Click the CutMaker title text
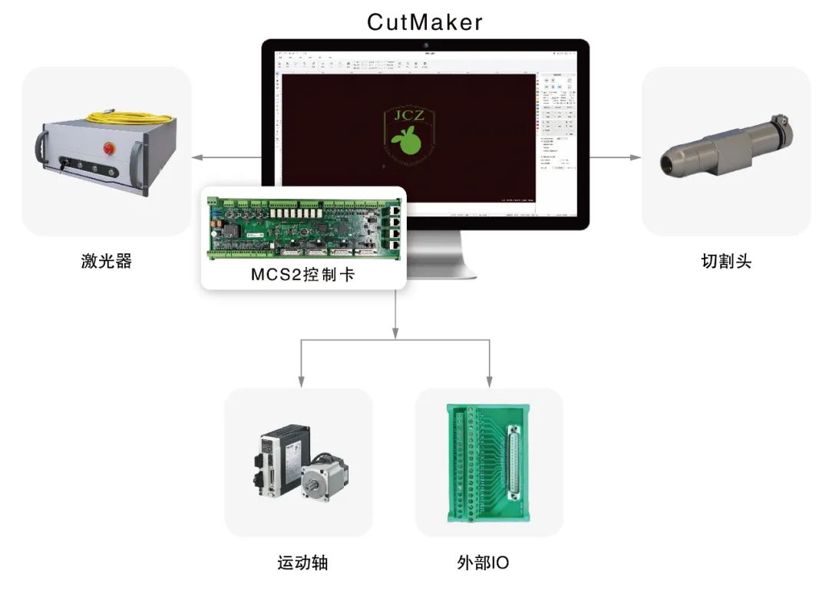[x=425, y=21]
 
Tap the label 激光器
[x=107, y=261]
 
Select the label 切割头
[x=725, y=261]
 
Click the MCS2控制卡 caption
[x=303, y=275]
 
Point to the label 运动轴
[x=302, y=563]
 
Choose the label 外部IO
[x=482, y=563]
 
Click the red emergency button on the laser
[x=109, y=147]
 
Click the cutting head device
[x=725, y=147]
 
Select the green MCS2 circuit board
[x=303, y=226]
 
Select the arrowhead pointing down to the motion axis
[x=301, y=380]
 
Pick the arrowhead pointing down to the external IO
[x=489, y=380]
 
